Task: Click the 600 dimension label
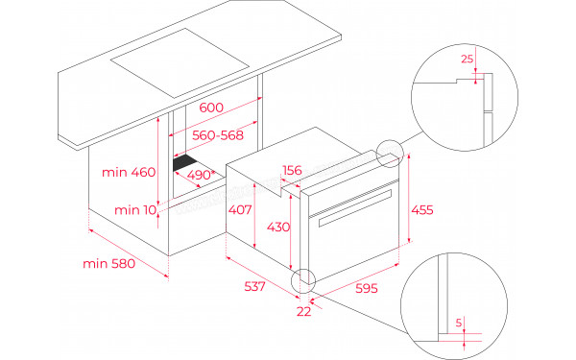[x=213, y=107]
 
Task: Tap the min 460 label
[x=128, y=173]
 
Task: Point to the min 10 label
[x=134, y=209]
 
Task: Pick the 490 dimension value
[x=200, y=176]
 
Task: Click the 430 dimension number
[x=276, y=227]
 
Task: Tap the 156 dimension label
[x=292, y=170]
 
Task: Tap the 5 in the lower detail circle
[x=460, y=322]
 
